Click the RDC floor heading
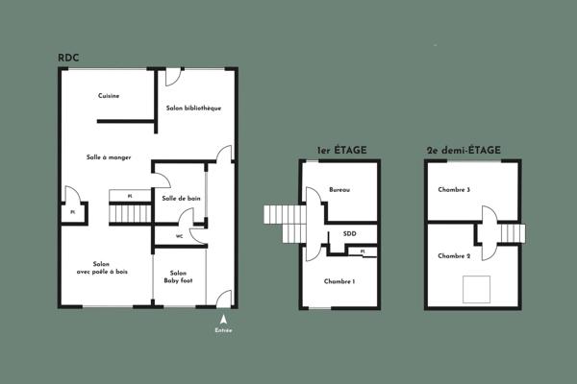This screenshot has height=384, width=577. tap(67, 57)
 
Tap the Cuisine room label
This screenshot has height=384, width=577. tap(108, 95)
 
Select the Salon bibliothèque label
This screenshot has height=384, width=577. tap(193, 108)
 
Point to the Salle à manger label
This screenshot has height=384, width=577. tap(108, 157)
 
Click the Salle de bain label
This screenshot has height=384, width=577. tap(182, 199)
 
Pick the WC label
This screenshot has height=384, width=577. tap(179, 235)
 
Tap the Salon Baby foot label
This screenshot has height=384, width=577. tap(178, 276)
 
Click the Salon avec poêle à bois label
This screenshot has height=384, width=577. tap(101, 268)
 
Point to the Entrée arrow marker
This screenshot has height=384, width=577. tap(223, 321)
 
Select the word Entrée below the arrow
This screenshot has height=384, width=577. tap(223, 331)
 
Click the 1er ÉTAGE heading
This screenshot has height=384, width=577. tap(341, 151)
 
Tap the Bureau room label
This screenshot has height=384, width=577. tap(339, 190)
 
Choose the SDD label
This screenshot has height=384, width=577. tap(349, 233)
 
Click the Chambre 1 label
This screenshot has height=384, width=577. tap(339, 281)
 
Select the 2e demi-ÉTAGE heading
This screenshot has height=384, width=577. tap(463, 151)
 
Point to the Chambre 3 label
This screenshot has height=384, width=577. tap(454, 190)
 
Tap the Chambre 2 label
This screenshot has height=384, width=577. tap(454, 256)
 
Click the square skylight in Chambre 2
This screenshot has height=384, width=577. tap(478, 287)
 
